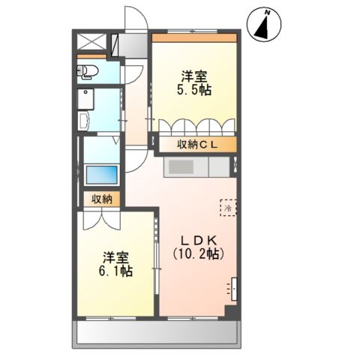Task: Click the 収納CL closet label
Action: pyautogui.click(x=197, y=145)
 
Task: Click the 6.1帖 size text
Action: pyautogui.click(x=116, y=271)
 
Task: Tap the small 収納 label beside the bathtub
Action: pyautogui.click(x=102, y=199)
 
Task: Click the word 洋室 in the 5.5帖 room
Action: pyautogui.click(x=194, y=76)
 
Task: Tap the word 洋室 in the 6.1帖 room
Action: pyautogui.click(x=115, y=255)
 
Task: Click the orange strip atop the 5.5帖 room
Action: pyautogui.click(x=195, y=37)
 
